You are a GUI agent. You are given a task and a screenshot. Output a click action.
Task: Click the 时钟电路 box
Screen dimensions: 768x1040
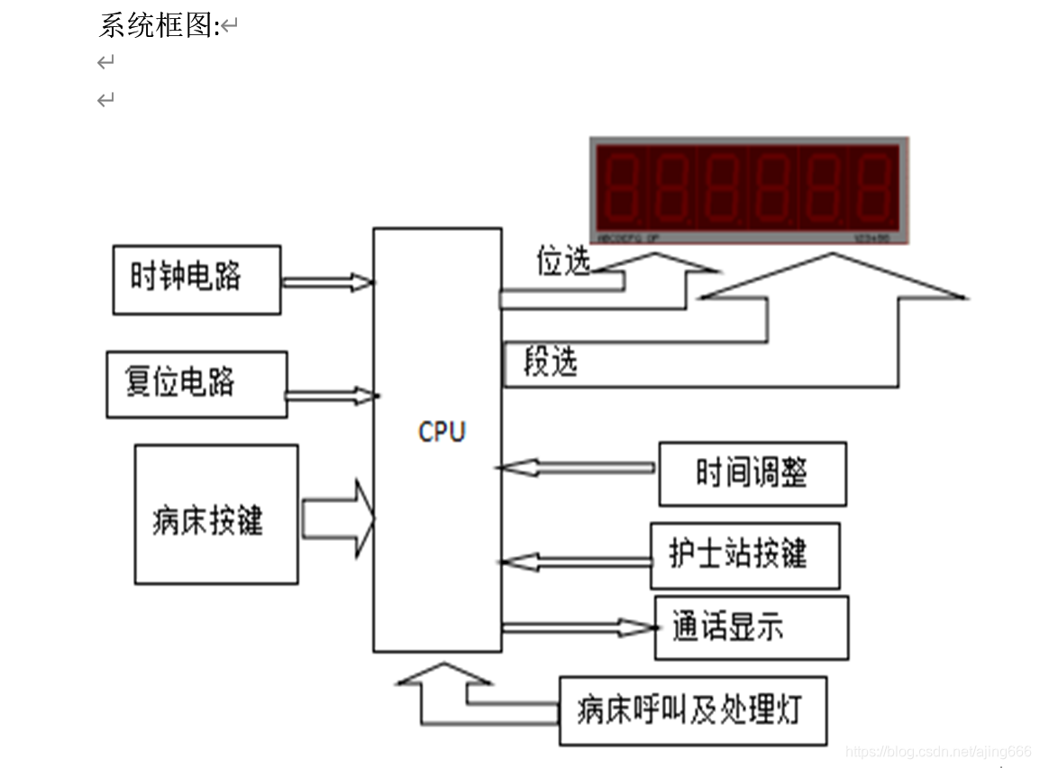pyautogui.click(x=196, y=279)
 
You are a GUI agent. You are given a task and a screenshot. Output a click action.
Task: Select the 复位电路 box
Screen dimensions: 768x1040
pyautogui.click(x=196, y=384)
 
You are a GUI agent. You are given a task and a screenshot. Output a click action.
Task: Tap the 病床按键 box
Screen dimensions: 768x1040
pyautogui.click(x=215, y=514)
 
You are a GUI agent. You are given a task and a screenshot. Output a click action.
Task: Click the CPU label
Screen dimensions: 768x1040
pyautogui.click(x=442, y=432)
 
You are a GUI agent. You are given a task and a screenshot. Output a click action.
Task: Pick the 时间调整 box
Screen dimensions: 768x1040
pyautogui.click(x=752, y=473)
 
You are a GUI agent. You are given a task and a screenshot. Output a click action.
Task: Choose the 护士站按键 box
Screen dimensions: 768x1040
pyautogui.click(x=744, y=555)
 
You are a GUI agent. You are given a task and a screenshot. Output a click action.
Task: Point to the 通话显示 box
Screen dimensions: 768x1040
pyautogui.click(x=750, y=627)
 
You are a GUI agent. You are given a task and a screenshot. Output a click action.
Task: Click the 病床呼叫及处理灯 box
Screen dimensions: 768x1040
pyautogui.click(x=692, y=710)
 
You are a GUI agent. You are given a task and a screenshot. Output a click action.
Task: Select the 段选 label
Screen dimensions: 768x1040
pyautogui.click(x=550, y=362)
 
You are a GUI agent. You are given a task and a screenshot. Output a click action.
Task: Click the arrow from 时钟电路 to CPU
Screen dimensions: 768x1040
pyautogui.click(x=326, y=283)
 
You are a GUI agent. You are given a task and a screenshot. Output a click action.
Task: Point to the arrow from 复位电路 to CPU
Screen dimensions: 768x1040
pyautogui.click(x=329, y=396)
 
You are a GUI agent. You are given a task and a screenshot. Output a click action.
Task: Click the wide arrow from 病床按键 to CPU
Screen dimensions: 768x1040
pyautogui.click(x=338, y=519)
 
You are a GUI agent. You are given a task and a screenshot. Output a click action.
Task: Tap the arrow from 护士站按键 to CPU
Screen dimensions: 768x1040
pyautogui.click(x=575, y=562)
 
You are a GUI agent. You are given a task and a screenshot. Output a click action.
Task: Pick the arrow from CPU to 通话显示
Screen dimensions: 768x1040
pyautogui.click(x=577, y=627)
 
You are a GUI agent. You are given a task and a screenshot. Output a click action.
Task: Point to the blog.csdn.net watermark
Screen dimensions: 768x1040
pyautogui.click(x=938, y=751)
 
